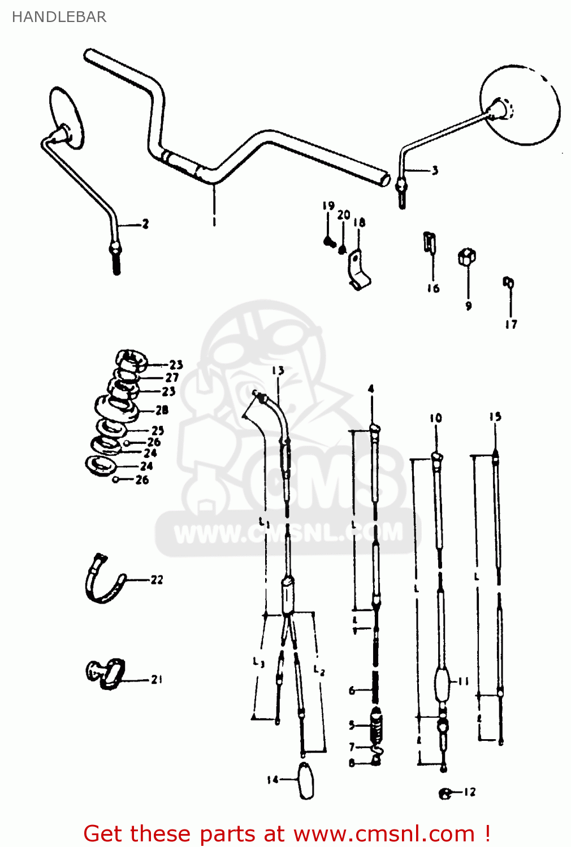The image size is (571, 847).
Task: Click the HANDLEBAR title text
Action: pyautogui.click(x=59, y=17)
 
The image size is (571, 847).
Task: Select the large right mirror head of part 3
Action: pyautogui.click(x=520, y=105)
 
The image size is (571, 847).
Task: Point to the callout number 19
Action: pyautogui.click(x=328, y=206)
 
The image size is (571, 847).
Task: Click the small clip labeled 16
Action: pyautogui.click(x=430, y=242)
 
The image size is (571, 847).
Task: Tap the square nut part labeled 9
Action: pyautogui.click(x=466, y=257)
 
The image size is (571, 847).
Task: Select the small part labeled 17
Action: pyautogui.click(x=508, y=282)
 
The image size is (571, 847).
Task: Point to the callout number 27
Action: pyautogui.click(x=172, y=377)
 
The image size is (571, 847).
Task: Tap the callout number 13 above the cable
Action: pyautogui.click(x=278, y=371)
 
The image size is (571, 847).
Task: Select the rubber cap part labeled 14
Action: pyautogui.click(x=306, y=780)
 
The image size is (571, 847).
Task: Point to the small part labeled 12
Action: pyautogui.click(x=445, y=793)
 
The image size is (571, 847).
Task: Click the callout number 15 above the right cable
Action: pyautogui.click(x=495, y=417)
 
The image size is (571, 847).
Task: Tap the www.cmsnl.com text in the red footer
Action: pyautogui.click(x=384, y=834)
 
